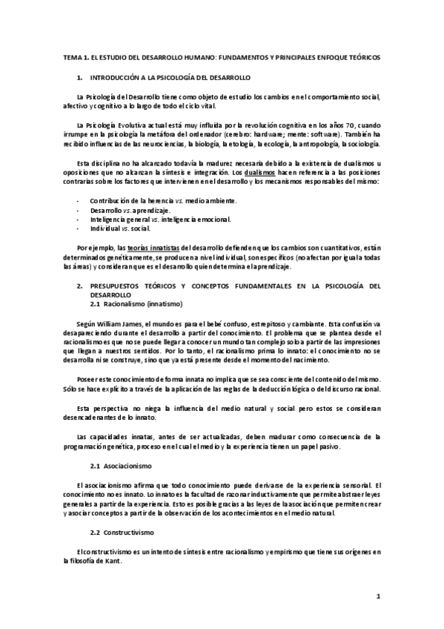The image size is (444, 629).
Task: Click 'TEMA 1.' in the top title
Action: click(75, 57)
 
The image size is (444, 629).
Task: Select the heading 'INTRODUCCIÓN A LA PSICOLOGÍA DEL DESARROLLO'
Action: click(170, 77)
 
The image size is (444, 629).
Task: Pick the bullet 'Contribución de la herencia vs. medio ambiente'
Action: click(153, 201)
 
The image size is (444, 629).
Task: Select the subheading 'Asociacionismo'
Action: click(126, 466)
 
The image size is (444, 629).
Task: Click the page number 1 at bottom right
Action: click(377, 596)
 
